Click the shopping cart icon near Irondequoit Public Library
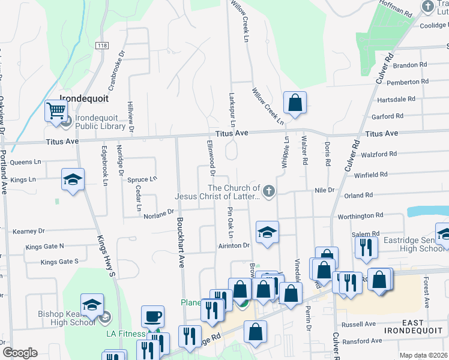(56, 110)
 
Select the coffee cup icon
(152, 316)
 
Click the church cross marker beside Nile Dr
(269, 191)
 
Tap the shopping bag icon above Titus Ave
(295, 103)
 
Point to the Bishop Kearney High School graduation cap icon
(92, 304)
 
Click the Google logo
(20, 353)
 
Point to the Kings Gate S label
(59, 262)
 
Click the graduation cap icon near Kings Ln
(73, 179)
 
